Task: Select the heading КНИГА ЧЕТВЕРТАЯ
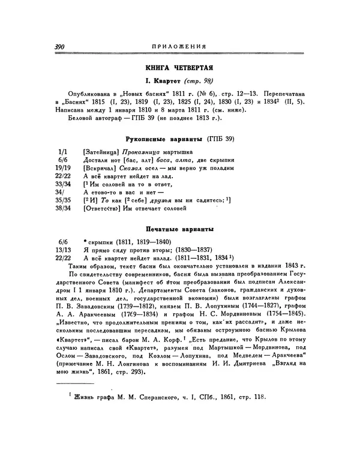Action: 179,69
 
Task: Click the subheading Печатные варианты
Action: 179,229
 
